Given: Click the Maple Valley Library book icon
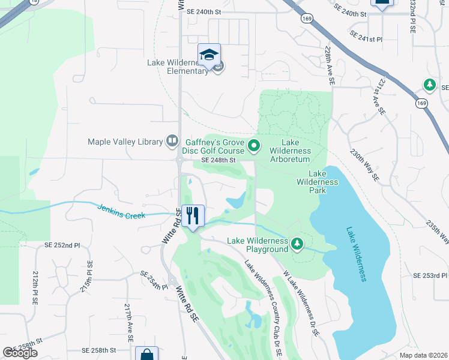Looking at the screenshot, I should [172, 142].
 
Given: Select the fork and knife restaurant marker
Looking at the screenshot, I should [193, 216].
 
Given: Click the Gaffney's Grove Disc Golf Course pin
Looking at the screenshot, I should [254, 145].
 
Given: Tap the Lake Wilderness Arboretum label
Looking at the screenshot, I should [290, 155].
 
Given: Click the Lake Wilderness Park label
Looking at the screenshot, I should [318, 181].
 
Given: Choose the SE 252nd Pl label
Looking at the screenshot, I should [62, 245].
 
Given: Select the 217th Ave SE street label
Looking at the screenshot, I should [128, 322].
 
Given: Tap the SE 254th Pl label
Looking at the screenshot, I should [154, 280].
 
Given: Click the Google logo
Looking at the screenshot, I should [20, 353].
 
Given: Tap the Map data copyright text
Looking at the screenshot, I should [424, 355].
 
